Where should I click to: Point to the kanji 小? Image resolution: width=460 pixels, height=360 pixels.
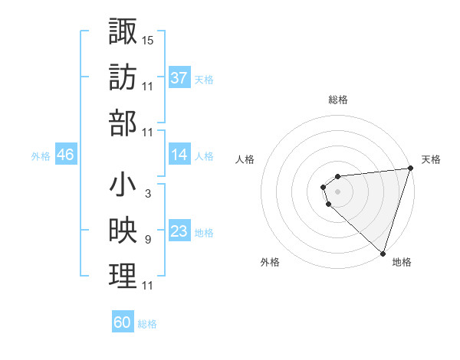123,185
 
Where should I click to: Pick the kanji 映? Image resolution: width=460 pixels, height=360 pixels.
123,231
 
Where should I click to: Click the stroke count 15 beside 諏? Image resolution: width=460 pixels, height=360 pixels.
148,39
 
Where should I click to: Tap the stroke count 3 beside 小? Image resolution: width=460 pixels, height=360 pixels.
147,195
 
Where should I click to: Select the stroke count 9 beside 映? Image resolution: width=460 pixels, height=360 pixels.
147,241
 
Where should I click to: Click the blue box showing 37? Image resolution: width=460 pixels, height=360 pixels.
179,77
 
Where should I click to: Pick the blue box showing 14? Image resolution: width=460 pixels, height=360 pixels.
179,155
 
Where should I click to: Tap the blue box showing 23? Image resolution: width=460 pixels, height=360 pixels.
179,232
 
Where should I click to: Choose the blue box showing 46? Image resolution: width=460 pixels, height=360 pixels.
65,155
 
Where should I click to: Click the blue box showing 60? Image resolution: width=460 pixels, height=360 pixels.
123,322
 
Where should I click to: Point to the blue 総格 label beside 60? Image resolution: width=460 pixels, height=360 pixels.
147,324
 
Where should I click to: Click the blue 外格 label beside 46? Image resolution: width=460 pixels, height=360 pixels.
41,156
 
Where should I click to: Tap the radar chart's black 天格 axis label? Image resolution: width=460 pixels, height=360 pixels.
431,159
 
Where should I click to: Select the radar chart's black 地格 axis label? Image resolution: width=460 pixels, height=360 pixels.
402,262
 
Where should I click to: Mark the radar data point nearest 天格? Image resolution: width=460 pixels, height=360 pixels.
409,169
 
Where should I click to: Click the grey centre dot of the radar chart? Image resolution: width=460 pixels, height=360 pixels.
337,191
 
